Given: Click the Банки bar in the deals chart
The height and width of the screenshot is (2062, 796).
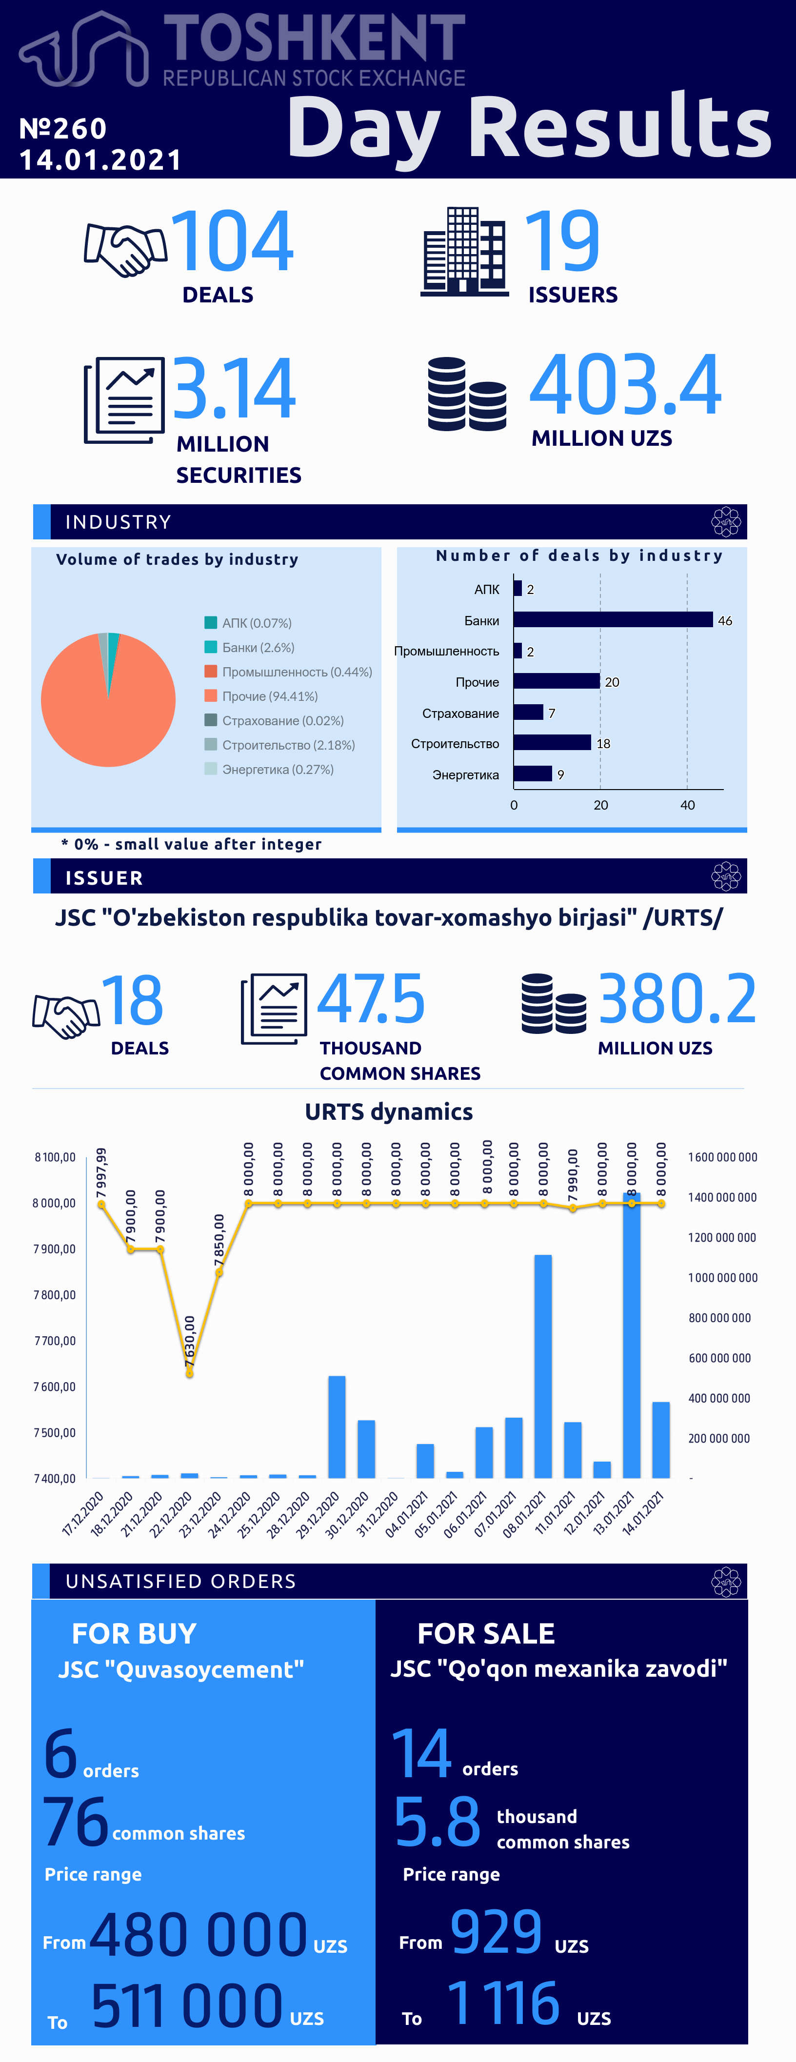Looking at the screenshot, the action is tap(613, 619).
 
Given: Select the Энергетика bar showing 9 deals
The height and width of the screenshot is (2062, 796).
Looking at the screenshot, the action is tap(533, 773).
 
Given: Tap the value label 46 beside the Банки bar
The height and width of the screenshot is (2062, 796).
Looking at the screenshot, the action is tap(725, 620).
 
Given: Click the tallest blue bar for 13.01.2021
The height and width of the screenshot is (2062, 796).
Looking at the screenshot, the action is tap(631, 1335).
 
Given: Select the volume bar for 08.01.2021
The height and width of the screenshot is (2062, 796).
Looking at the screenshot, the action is tap(543, 1367).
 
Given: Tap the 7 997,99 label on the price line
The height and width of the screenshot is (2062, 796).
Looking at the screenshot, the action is tap(101, 1173).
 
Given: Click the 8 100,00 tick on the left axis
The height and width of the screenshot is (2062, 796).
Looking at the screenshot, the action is tap(55, 1157).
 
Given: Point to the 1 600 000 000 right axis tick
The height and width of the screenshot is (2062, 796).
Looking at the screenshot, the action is tap(722, 1157).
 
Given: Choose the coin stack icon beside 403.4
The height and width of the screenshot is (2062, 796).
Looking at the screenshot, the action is tap(467, 394).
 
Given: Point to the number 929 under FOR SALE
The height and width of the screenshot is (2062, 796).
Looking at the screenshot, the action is tap(497, 1931).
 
